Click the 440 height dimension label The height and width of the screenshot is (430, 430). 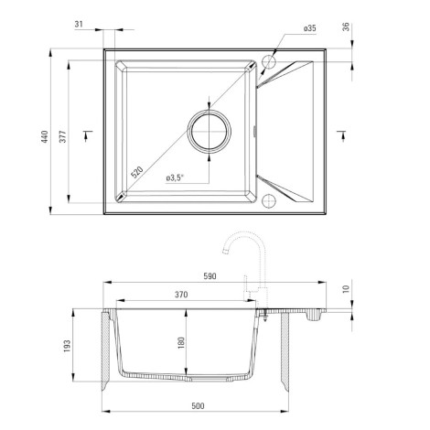(x=45, y=136)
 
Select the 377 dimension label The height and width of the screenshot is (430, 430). (x=62, y=136)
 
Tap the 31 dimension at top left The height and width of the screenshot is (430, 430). (x=79, y=24)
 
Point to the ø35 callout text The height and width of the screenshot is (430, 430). (x=310, y=28)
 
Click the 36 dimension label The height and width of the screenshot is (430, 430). (x=346, y=27)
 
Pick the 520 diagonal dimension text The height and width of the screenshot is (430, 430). (x=136, y=172)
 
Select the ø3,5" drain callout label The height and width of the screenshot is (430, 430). (x=176, y=177)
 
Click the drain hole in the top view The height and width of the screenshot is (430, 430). (x=209, y=132)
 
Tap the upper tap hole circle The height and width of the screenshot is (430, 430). (x=269, y=61)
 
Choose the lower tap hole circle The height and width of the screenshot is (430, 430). (x=269, y=200)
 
